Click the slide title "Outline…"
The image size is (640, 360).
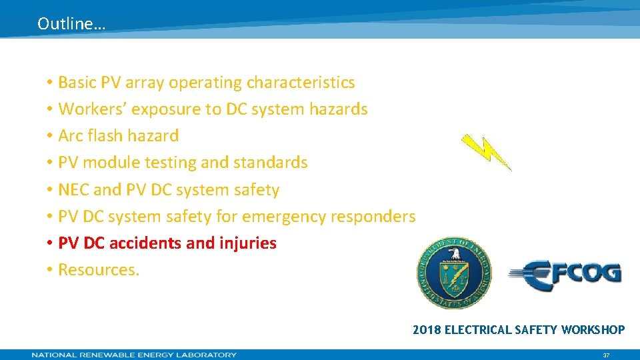tap(71, 24)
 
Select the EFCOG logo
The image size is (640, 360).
tap(565, 273)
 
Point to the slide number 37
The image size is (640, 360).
tap(606, 355)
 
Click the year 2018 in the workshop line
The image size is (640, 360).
tap(427, 329)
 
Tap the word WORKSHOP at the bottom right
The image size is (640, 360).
tap(593, 329)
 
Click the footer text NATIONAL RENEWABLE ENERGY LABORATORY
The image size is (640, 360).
tap(134, 355)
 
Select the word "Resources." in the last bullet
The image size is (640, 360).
tap(99, 270)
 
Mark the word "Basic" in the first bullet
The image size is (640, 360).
tap(77, 83)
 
